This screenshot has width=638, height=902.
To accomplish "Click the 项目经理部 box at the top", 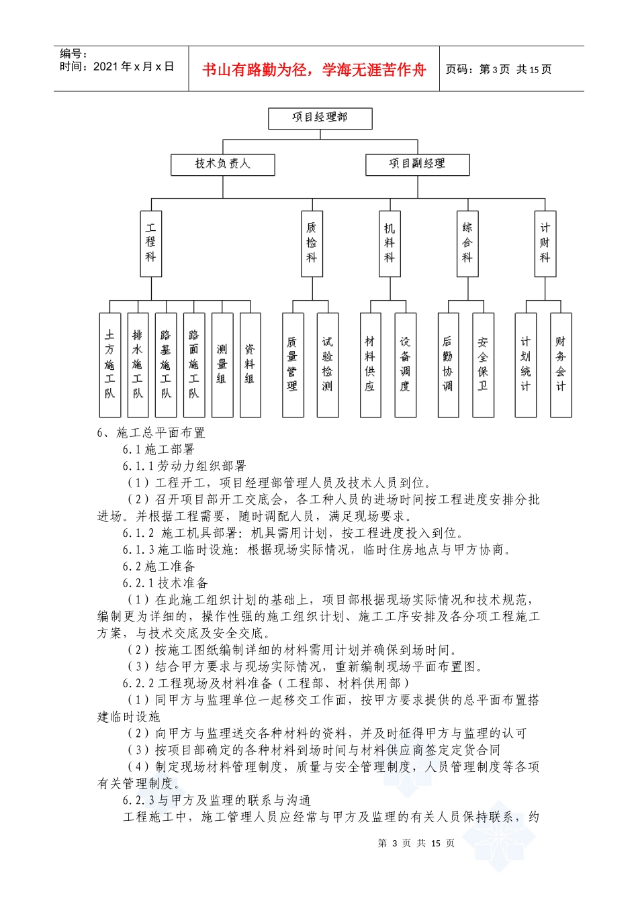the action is pos(320,118).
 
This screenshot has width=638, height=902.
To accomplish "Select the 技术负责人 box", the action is pos(222,164).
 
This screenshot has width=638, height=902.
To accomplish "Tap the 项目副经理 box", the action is pos(417,164).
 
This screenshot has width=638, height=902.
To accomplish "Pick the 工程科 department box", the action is pos(150,243).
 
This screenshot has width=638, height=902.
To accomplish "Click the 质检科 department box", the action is pos(312,243).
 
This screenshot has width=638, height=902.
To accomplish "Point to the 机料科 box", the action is pos(390,243).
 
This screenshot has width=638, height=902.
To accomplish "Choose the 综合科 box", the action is pos(467,243).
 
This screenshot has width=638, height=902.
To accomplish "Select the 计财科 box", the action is pos(545,243).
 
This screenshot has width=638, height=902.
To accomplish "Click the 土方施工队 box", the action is pos(109,364).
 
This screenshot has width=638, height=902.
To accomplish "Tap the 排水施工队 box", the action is pos(138,364).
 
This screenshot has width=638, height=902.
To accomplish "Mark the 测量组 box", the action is pos(222,364).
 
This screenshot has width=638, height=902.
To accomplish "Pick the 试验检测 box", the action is pos(327,364).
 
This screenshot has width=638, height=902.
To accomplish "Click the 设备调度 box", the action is pos(405,364).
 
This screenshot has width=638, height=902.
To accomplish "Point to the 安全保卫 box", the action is pos(483,364).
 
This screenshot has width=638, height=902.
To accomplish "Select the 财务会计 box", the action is pos(561,364).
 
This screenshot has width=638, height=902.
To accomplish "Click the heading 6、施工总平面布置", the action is pos(151,433).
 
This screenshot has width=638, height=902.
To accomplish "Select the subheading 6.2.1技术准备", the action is pos(165,583).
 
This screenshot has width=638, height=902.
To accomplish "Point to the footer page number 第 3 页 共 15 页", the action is pos(416,843).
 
